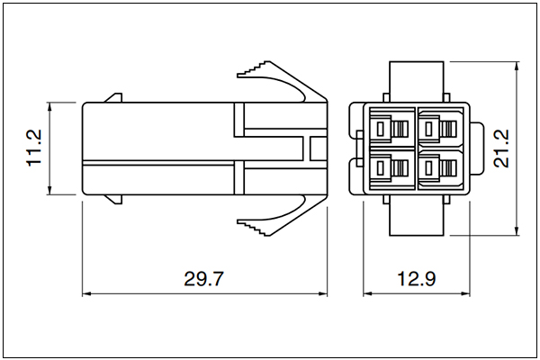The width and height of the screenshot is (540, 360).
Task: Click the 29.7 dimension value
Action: pyautogui.click(x=204, y=279)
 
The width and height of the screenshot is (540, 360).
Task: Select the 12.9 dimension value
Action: pyautogui.click(x=417, y=279)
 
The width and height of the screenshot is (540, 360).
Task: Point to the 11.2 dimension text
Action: pyautogui.click(x=34, y=148)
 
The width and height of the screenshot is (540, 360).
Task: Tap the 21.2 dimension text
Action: pyautogui.click(x=501, y=148)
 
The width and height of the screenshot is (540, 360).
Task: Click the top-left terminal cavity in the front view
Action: pyautogui.click(x=391, y=129)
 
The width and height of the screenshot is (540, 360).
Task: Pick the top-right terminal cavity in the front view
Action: pyautogui.click(x=440, y=129)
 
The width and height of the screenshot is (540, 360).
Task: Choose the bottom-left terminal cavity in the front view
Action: pyautogui.click(x=391, y=169)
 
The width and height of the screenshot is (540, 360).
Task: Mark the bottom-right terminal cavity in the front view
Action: pyautogui.click(x=440, y=169)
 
